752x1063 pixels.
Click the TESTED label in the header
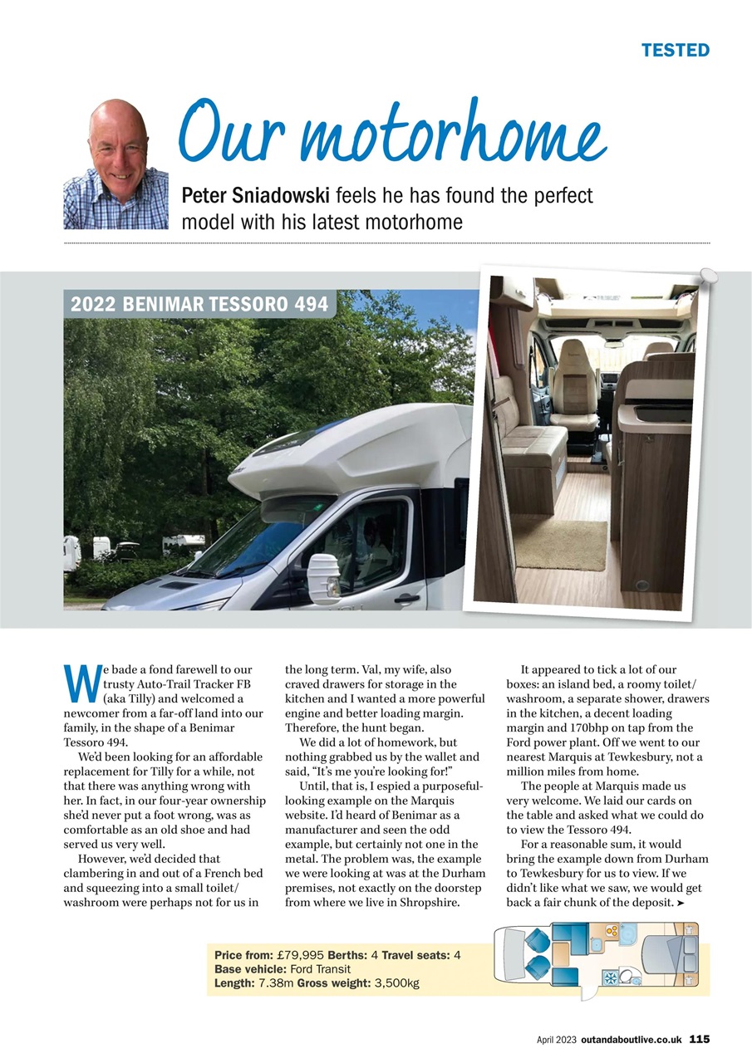click(675, 50)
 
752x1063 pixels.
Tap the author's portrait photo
click(116, 164)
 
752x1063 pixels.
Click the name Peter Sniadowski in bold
click(256, 196)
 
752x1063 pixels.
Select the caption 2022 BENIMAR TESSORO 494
click(199, 304)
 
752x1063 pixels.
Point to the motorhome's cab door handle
click(407, 598)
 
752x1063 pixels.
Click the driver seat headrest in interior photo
click(573, 361)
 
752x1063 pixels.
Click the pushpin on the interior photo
click(707, 274)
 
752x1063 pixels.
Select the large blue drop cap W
click(77, 683)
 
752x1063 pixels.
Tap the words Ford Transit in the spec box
click(321, 969)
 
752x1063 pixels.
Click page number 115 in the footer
click(699, 1039)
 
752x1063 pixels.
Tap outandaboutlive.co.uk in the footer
click(632, 1039)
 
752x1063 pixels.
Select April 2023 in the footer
click(556, 1039)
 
